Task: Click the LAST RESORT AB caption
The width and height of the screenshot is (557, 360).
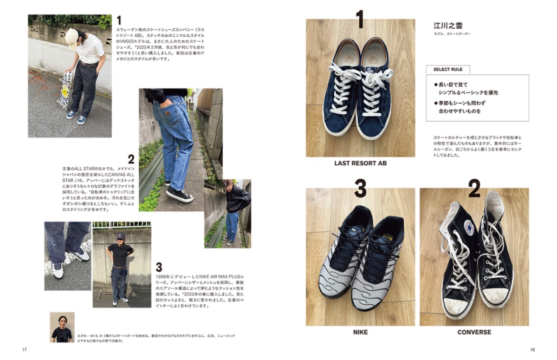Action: (360, 164)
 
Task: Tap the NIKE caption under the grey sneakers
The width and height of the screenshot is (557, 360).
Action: (360, 332)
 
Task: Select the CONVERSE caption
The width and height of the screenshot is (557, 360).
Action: (474, 332)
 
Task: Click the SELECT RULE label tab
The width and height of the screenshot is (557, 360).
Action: (447, 69)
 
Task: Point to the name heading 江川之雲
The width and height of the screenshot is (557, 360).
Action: (448, 26)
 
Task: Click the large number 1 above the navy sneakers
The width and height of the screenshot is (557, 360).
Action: (360, 20)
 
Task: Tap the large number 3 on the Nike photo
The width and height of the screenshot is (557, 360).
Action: (360, 188)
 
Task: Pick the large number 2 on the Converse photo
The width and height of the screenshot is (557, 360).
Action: (474, 188)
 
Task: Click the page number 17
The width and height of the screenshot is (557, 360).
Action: (24, 350)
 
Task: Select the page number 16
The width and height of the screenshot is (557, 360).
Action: (532, 350)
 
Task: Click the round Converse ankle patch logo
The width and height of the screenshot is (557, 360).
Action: (468, 226)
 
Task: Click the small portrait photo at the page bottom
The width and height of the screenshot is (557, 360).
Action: (62, 327)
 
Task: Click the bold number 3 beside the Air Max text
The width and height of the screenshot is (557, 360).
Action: (159, 268)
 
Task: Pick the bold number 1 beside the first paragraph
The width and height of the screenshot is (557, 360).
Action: (119, 20)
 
